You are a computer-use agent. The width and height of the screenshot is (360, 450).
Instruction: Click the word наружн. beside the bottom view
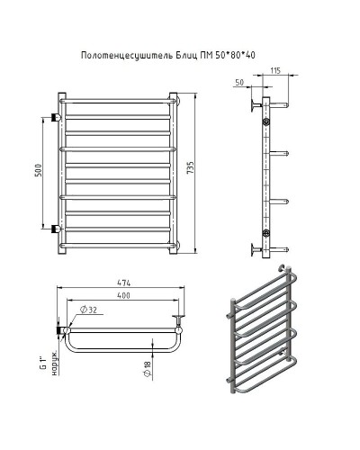(52, 363)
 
